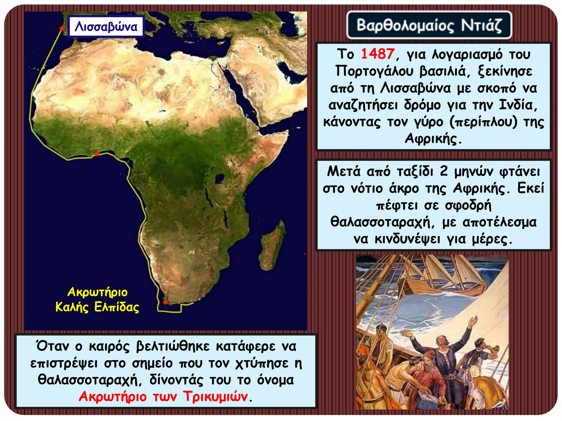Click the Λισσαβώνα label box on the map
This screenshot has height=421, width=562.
coord(106,27)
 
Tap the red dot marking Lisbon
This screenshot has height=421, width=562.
coord(62,28)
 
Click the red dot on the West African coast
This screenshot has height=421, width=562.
coord(97,154)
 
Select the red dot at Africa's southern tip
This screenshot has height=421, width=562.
coord(165,302)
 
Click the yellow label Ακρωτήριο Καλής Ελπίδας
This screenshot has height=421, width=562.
coord(97,300)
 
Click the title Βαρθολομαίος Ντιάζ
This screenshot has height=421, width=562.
coord(429,25)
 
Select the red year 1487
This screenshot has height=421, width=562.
coord(378,54)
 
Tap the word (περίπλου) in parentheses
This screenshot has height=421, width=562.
coord(483,122)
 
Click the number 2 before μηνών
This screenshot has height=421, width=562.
coord(444,171)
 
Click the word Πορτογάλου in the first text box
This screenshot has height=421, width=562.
coord(374,71)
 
